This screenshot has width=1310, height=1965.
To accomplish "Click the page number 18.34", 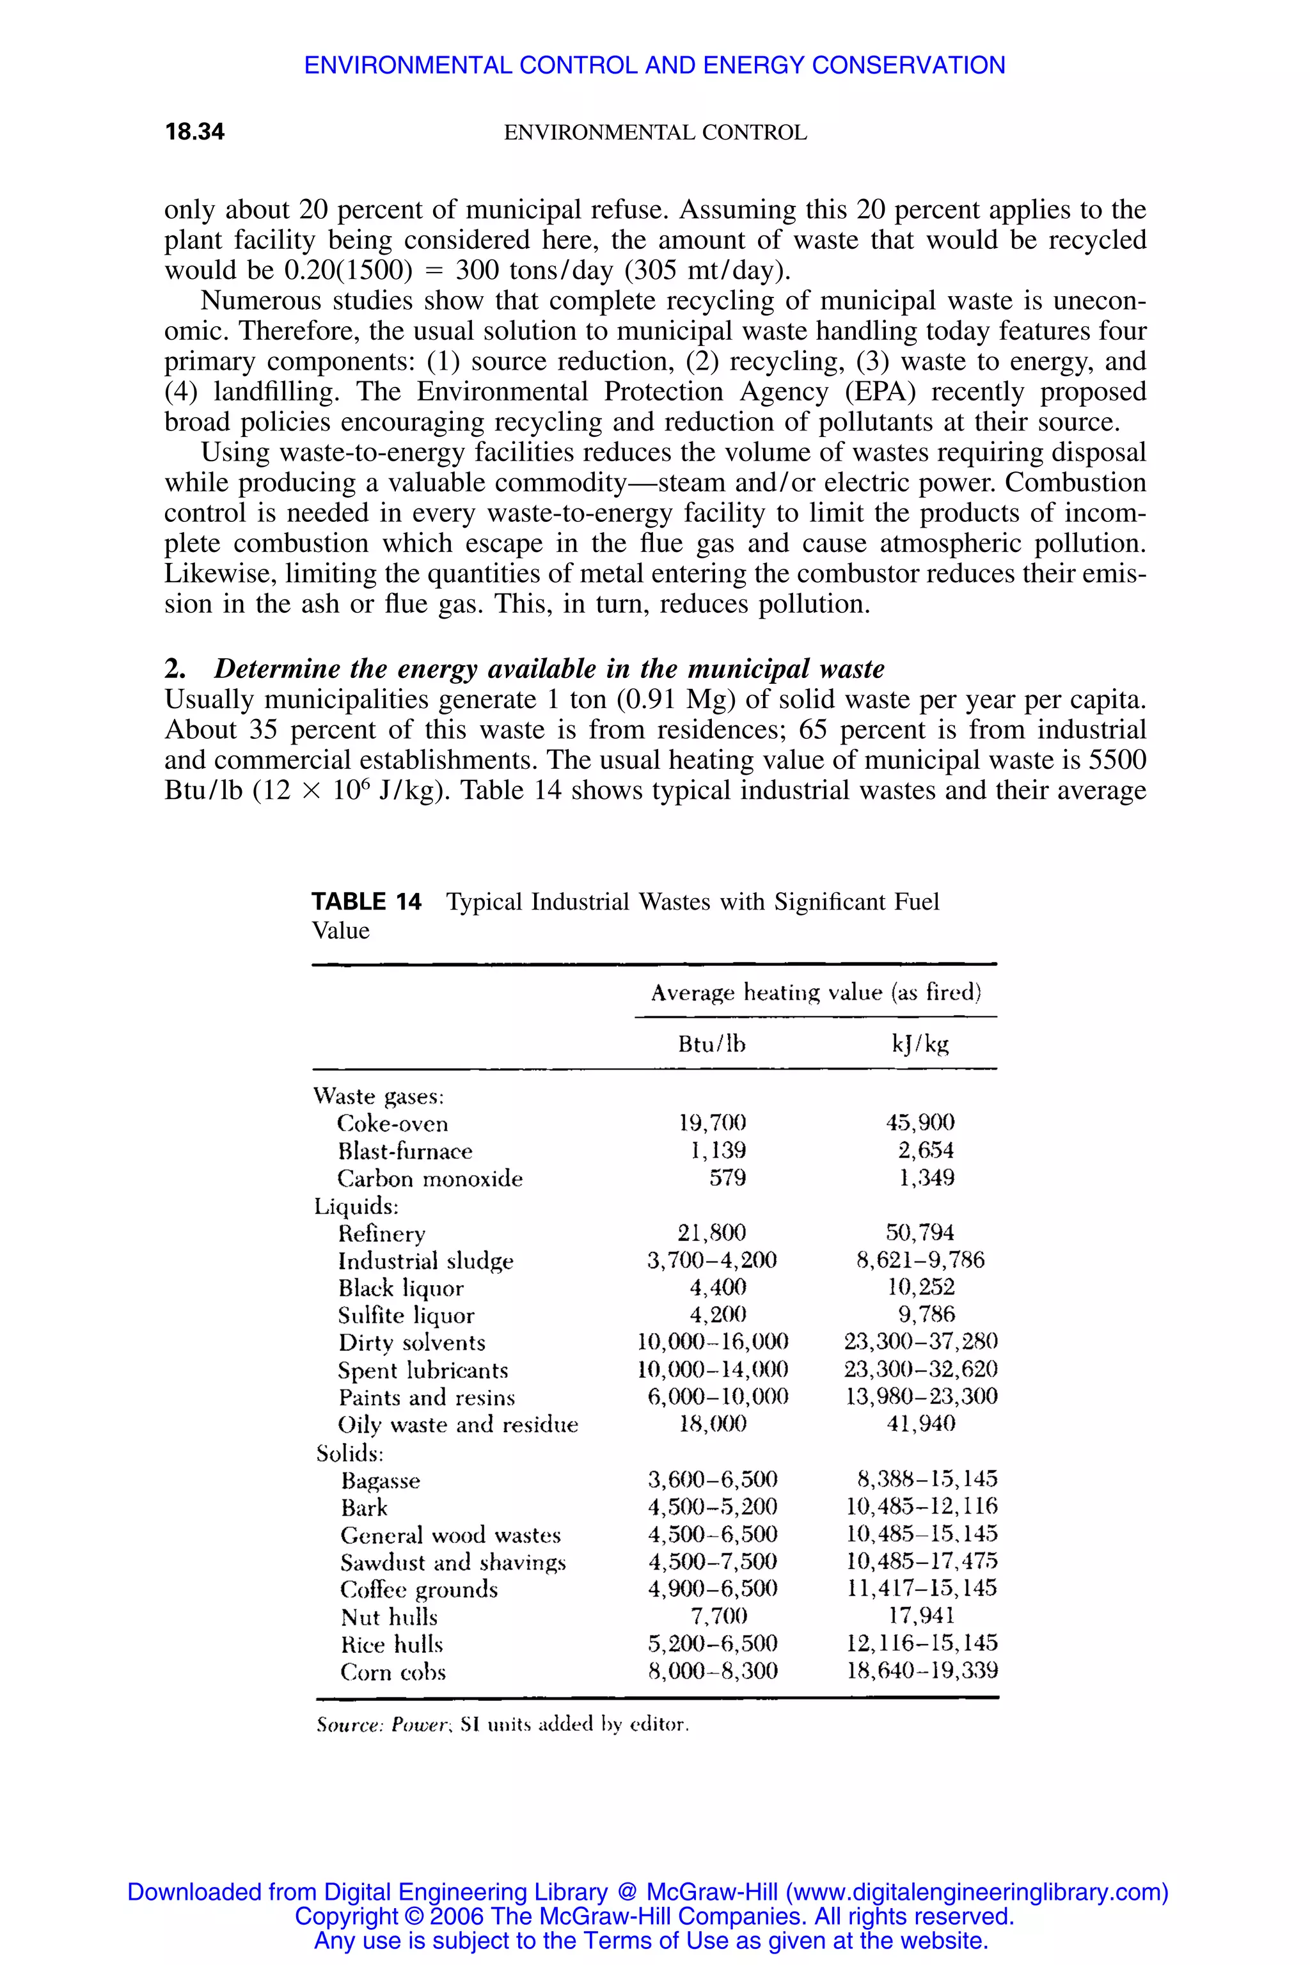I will (x=194, y=132).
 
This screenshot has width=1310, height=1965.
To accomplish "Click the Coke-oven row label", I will (x=392, y=1124).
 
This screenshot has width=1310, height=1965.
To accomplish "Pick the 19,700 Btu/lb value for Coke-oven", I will (x=712, y=1122).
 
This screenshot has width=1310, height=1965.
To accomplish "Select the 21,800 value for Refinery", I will (x=712, y=1233).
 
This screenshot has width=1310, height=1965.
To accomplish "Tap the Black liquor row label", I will (x=400, y=1288).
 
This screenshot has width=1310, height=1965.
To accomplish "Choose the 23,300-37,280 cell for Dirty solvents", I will (x=920, y=1342).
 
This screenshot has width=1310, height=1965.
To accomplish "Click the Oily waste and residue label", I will (x=458, y=1424).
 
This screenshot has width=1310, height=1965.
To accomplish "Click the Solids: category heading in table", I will (x=349, y=1454).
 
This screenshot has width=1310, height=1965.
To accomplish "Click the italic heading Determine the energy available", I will (x=548, y=668).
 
